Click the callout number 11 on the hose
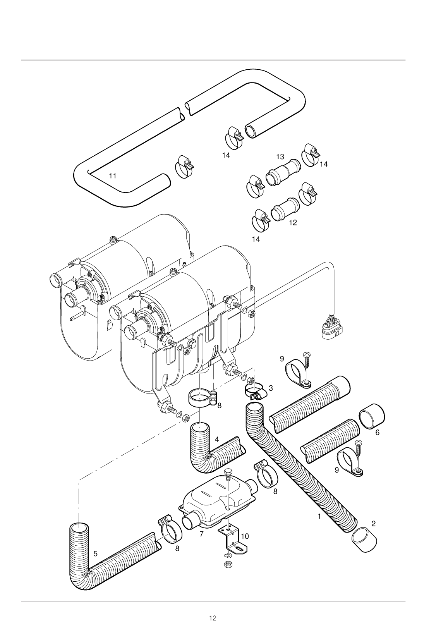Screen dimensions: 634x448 point(113,176)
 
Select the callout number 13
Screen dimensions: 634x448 point(280,157)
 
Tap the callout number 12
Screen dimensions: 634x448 point(293,223)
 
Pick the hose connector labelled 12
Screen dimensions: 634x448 point(285,209)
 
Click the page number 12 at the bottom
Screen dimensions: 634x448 point(213,618)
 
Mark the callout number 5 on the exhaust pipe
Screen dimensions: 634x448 point(95,554)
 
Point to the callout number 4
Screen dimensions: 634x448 point(217,440)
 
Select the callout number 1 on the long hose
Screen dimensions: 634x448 point(319,516)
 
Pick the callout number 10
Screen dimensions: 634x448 point(245,536)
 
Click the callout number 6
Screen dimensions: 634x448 point(377,433)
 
